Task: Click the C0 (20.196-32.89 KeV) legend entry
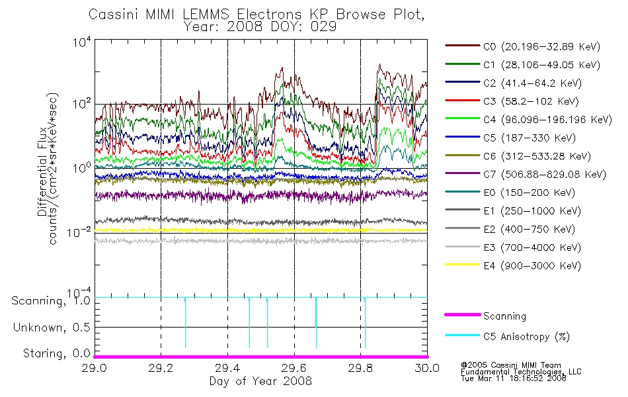pos(523,46)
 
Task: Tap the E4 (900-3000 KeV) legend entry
pos(513,265)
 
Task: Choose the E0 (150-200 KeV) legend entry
pos(510,193)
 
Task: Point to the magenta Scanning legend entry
pos(485,316)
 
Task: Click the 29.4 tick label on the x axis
pos(227,368)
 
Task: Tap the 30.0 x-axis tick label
pos(427,368)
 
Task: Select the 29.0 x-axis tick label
pos(95,368)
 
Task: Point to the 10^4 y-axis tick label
pos(83,42)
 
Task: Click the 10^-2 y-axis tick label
pos(79,232)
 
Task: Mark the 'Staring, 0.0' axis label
pos(57,353)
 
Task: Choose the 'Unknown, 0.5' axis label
pos(52,328)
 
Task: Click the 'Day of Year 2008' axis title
pos(260,381)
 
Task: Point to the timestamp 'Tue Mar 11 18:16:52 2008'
pos(514,378)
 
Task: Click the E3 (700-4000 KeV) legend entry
pos(513,247)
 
